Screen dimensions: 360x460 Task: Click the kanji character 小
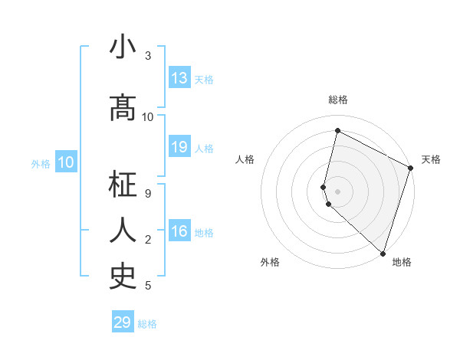click(123, 48)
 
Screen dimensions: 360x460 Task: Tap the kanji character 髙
click(123, 110)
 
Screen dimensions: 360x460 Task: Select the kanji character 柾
click(123, 186)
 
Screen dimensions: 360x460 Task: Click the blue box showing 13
click(179, 78)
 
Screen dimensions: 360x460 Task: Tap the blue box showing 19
click(179, 147)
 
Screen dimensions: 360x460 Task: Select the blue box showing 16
click(179, 231)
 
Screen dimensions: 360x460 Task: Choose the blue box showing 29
click(123, 322)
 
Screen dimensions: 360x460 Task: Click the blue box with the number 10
click(66, 162)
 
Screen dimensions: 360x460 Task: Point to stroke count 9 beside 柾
click(148, 193)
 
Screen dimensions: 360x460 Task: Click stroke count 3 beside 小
click(148, 56)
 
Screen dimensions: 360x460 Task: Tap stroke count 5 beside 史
click(148, 286)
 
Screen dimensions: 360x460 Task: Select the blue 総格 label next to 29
click(147, 324)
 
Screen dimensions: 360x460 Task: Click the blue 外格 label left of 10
click(41, 163)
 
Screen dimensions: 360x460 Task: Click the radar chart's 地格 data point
click(383, 253)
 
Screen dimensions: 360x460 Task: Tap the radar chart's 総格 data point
click(337, 131)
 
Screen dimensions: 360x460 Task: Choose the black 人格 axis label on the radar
click(245, 159)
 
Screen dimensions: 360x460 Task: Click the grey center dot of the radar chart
click(337, 191)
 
